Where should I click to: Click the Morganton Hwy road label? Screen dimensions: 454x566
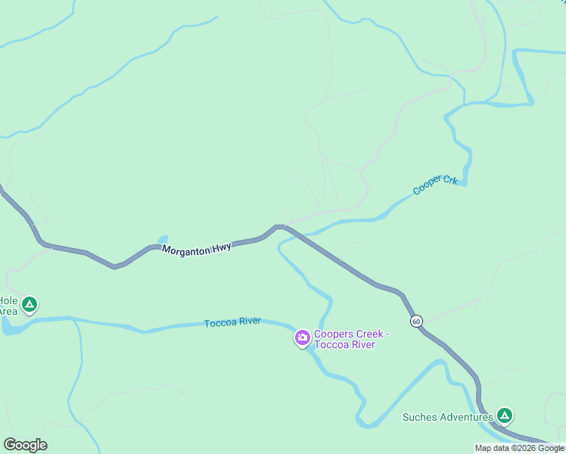click(x=197, y=247)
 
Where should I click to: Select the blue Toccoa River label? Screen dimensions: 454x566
click(x=232, y=322)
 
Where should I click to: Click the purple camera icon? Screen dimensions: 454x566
click(x=302, y=337)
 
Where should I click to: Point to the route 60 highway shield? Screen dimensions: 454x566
click(x=417, y=322)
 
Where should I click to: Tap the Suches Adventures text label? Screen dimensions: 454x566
click(x=447, y=417)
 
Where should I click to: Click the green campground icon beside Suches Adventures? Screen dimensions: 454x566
click(x=505, y=415)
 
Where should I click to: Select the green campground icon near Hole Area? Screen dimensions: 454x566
click(x=29, y=305)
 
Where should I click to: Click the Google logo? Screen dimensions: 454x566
click(x=25, y=445)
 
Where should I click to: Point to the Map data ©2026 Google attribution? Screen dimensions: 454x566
click(x=519, y=448)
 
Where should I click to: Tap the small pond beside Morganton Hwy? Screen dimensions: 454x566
click(x=163, y=239)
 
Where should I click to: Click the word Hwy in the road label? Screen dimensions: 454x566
click(x=221, y=246)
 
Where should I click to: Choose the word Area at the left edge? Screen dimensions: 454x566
click(x=8, y=311)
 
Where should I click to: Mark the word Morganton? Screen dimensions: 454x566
click(x=185, y=248)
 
